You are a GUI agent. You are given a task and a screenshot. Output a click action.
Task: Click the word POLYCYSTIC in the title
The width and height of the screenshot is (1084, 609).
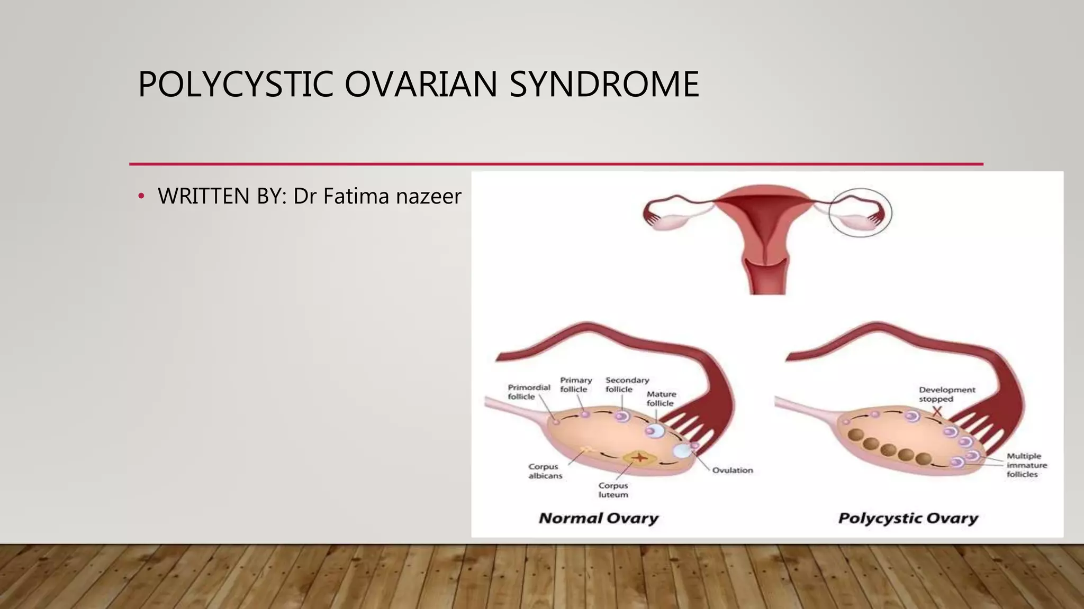pyautogui.click(x=235, y=85)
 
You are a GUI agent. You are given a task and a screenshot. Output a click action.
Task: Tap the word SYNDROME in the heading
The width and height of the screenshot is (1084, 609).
pyautogui.click(x=604, y=85)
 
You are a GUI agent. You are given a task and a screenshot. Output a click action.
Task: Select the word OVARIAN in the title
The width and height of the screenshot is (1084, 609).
pyautogui.click(x=421, y=85)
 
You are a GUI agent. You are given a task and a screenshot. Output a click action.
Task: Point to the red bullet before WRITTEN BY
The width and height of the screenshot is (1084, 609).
pyautogui.click(x=141, y=197)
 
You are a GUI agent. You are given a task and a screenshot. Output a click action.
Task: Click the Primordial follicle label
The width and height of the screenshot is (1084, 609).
pyautogui.click(x=528, y=392)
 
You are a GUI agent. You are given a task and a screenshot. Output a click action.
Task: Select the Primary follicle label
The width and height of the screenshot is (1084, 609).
pyautogui.click(x=576, y=384)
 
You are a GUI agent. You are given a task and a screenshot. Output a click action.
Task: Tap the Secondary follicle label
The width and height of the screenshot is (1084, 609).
pyautogui.click(x=627, y=384)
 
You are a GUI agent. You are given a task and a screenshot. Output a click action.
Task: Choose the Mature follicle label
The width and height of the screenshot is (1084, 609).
pyautogui.click(x=661, y=399)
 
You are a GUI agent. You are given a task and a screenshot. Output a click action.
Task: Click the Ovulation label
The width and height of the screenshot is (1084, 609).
pyautogui.click(x=732, y=470)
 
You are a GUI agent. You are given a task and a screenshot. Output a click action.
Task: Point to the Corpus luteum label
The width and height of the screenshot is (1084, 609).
pyautogui.click(x=613, y=490)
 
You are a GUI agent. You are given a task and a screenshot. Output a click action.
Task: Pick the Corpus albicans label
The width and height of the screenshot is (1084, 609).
pyautogui.click(x=545, y=471)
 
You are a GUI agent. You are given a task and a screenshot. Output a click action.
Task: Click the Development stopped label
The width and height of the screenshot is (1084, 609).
pyautogui.click(x=946, y=394)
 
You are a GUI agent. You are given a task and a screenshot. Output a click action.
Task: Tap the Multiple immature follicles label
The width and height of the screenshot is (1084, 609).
pyautogui.click(x=1026, y=465)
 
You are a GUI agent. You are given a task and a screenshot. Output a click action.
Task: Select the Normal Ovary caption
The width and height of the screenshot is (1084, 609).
pyautogui.click(x=598, y=518)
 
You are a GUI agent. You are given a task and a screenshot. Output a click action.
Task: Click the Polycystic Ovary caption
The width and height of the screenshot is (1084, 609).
pyautogui.click(x=908, y=518)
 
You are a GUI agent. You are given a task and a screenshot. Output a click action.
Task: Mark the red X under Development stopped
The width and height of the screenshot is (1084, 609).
pyautogui.click(x=937, y=411)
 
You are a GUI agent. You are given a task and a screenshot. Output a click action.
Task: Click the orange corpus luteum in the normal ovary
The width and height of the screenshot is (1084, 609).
pyautogui.click(x=639, y=457)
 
